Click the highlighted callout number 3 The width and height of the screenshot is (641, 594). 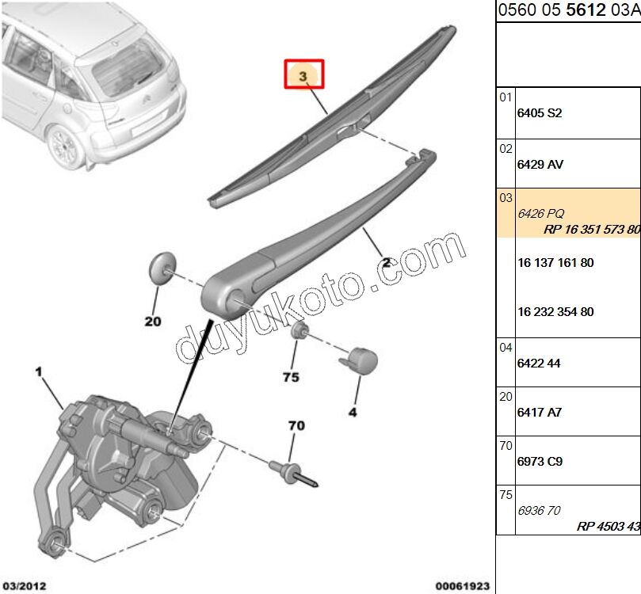[x=305, y=76]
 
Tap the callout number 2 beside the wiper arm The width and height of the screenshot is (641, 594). [x=387, y=262]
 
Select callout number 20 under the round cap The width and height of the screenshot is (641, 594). [x=153, y=322]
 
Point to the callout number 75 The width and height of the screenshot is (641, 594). [x=291, y=377]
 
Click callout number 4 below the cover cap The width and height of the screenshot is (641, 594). [x=353, y=412]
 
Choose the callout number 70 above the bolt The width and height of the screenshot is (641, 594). [x=296, y=426]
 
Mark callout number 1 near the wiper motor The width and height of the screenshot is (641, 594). [x=37, y=371]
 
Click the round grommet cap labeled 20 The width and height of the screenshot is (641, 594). [x=162, y=267]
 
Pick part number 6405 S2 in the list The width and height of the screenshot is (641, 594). [x=539, y=113]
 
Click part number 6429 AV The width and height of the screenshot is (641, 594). [x=540, y=165]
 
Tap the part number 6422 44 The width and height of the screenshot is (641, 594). [x=538, y=363]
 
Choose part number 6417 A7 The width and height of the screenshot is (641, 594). [x=539, y=413]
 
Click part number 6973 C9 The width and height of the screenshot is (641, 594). [x=540, y=461]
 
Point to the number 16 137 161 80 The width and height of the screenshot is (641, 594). [x=555, y=262]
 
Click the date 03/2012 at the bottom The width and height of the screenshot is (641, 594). [x=25, y=586]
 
